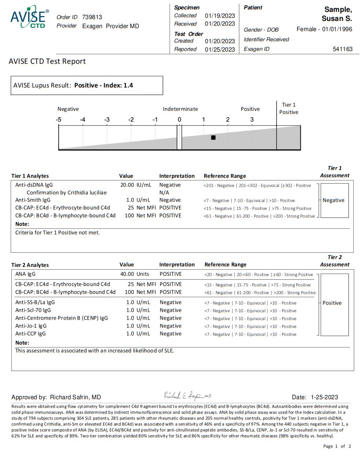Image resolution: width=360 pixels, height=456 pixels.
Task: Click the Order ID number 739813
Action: point(92,17)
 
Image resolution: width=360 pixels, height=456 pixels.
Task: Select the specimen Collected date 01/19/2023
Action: point(220,16)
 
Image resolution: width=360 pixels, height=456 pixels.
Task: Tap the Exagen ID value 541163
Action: point(343,49)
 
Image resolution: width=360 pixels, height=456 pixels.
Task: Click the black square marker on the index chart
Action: point(213,138)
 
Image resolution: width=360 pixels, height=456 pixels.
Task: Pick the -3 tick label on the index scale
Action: point(107,120)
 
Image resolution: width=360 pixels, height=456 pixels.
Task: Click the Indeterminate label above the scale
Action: point(180,109)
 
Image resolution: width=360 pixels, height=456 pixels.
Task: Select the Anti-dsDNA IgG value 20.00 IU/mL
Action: point(135,185)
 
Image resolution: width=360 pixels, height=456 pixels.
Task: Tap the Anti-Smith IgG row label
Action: point(33,200)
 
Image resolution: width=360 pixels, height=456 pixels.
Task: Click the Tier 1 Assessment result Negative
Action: point(333,200)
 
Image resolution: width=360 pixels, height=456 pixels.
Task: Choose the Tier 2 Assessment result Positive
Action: point(332,303)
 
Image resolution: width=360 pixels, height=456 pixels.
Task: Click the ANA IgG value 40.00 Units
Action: point(135,274)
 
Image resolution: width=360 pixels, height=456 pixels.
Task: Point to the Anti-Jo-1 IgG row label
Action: point(31,326)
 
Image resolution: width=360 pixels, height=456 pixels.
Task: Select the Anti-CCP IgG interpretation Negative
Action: point(170,334)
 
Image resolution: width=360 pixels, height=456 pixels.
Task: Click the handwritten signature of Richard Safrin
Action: point(188,396)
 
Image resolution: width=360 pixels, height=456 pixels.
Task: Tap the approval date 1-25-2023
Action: point(324,397)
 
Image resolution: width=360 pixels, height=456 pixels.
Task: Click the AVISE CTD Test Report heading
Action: point(47,61)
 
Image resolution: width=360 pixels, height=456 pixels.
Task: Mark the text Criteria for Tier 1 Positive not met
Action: point(57,232)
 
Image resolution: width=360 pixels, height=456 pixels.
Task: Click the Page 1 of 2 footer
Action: point(337,446)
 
